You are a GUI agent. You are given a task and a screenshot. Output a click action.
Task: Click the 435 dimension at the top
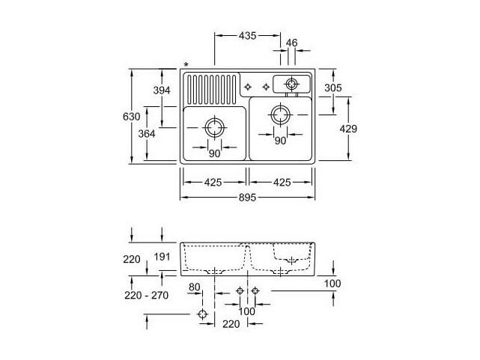tap(247, 36)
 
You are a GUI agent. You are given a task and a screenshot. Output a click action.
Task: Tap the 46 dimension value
tap(292, 43)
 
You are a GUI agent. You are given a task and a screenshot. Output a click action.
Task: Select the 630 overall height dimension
tap(131, 117)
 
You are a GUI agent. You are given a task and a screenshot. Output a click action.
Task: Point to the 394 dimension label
tap(162, 91)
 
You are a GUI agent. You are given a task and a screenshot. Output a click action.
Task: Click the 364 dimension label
tap(147, 134)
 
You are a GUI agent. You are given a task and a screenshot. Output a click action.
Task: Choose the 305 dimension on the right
tap(333, 88)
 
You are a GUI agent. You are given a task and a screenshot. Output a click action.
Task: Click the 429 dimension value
tap(348, 129)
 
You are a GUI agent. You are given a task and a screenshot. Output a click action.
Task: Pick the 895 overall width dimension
tap(247, 198)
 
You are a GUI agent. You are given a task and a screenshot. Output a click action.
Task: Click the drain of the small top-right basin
tap(291, 84)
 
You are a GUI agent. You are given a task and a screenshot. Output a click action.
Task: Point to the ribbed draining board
tap(211, 90)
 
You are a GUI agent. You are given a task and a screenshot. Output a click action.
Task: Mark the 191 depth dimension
tap(162, 257)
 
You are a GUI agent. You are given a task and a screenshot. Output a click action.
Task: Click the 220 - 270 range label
tap(147, 295)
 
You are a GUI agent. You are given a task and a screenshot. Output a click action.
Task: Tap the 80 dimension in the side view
tap(195, 287)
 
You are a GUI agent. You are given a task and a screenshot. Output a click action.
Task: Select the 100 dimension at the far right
tap(332, 284)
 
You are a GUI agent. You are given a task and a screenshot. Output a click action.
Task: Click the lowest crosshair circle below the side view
tap(202, 314)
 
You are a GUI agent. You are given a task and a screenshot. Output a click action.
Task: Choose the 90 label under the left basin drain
tap(214, 153)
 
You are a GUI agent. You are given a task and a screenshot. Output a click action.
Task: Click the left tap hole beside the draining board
tap(248, 87)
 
